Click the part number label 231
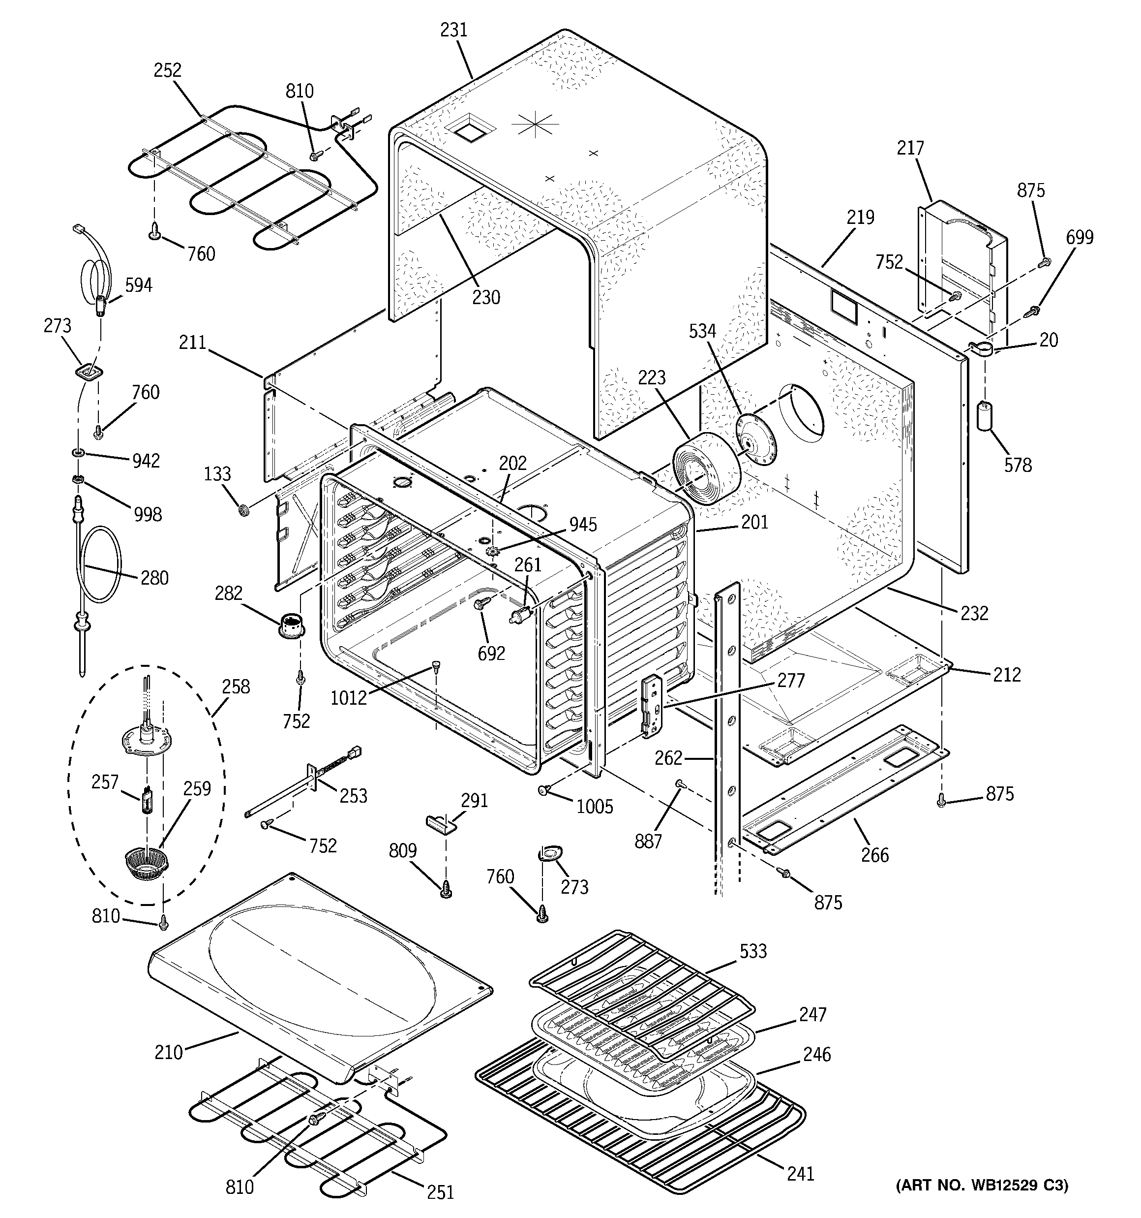point(454,30)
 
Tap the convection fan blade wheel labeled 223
point(706,467)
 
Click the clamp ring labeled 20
point(979,348)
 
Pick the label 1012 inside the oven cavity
point(349,697)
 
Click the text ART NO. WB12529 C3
point(982,1202)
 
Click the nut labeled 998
point(78,478)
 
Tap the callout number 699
point(1079,237)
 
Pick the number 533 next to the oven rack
point(752,951)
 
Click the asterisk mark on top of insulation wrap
point(535,125)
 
